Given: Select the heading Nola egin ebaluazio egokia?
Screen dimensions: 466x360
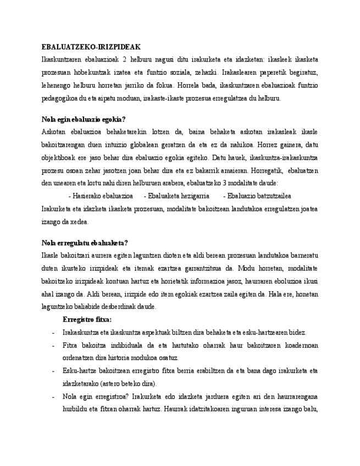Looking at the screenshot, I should tap(84, 119).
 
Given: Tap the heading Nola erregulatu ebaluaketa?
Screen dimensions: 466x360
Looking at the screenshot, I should tap(85, 243).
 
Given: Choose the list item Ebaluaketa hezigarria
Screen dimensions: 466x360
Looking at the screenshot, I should tap(175, 196).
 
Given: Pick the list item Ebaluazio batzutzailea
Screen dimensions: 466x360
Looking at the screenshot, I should tap(257, 196).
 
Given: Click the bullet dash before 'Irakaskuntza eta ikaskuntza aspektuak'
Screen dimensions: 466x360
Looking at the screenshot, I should tap(52, 332).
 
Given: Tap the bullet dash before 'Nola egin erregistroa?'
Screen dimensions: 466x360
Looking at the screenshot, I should tap(52, 397).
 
